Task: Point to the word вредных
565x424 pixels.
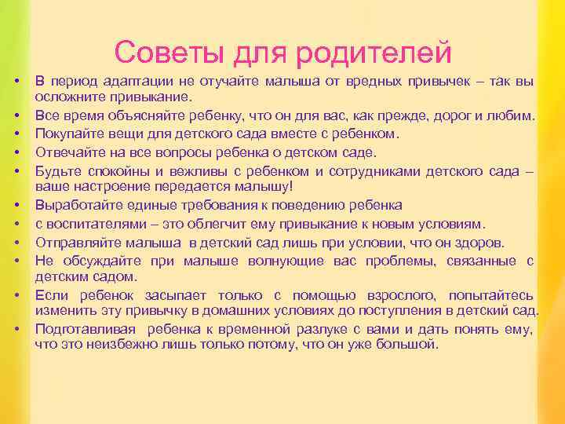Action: (364, 82)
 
